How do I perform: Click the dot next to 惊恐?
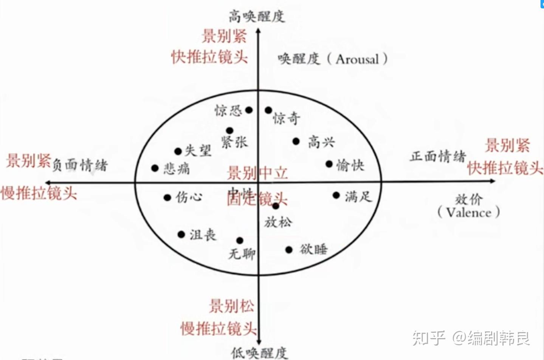[249, 110]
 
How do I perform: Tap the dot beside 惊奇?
[268, 110]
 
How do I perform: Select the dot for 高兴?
[296, 141]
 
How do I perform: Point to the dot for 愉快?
[329, 164]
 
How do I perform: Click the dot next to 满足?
[336, 195]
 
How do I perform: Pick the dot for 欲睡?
[289, 250]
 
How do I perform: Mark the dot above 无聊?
[240, 240]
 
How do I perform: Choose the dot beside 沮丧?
[181, 235]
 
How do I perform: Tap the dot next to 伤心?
[167, 197]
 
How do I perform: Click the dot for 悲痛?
[155, 168]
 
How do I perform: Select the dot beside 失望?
[178, 151]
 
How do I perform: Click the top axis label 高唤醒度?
[257, 16]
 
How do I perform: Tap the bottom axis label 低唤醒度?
[259, 353]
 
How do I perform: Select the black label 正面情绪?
[438, 156]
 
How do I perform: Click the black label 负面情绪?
[80, 165]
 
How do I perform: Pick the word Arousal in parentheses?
[357, 59]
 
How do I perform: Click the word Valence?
[469, 213]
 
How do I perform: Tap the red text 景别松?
[232, 306]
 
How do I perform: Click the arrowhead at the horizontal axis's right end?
[492, 181]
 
